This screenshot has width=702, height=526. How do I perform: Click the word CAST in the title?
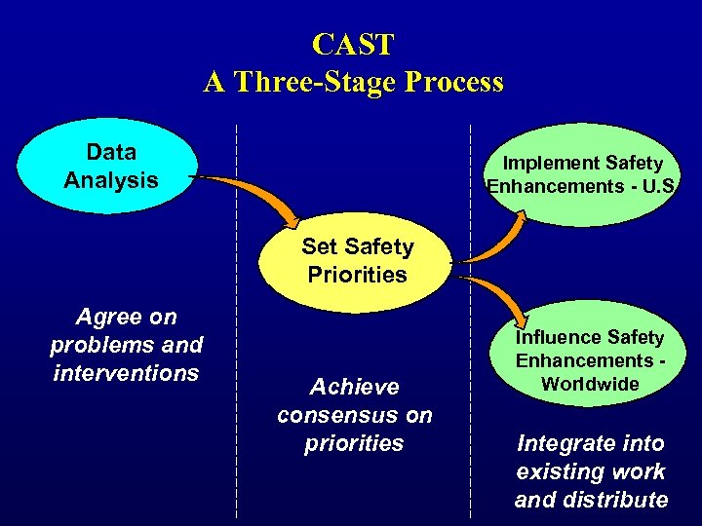tap(353, 45)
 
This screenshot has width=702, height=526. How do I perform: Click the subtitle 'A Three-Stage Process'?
tap(353, 82)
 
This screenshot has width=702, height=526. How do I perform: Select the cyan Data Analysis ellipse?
tap(110, 167)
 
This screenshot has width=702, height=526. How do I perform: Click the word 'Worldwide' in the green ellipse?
tap(590, 384)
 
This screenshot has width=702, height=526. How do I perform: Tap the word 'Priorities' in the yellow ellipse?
tap(357, 275)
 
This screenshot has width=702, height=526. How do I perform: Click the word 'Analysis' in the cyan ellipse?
tap(110, 180)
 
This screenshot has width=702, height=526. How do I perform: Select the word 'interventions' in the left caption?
tap(126, 373)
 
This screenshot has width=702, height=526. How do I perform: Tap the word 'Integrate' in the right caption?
tap(564, 444)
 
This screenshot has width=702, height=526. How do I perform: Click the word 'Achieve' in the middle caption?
tap(354, 387)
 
